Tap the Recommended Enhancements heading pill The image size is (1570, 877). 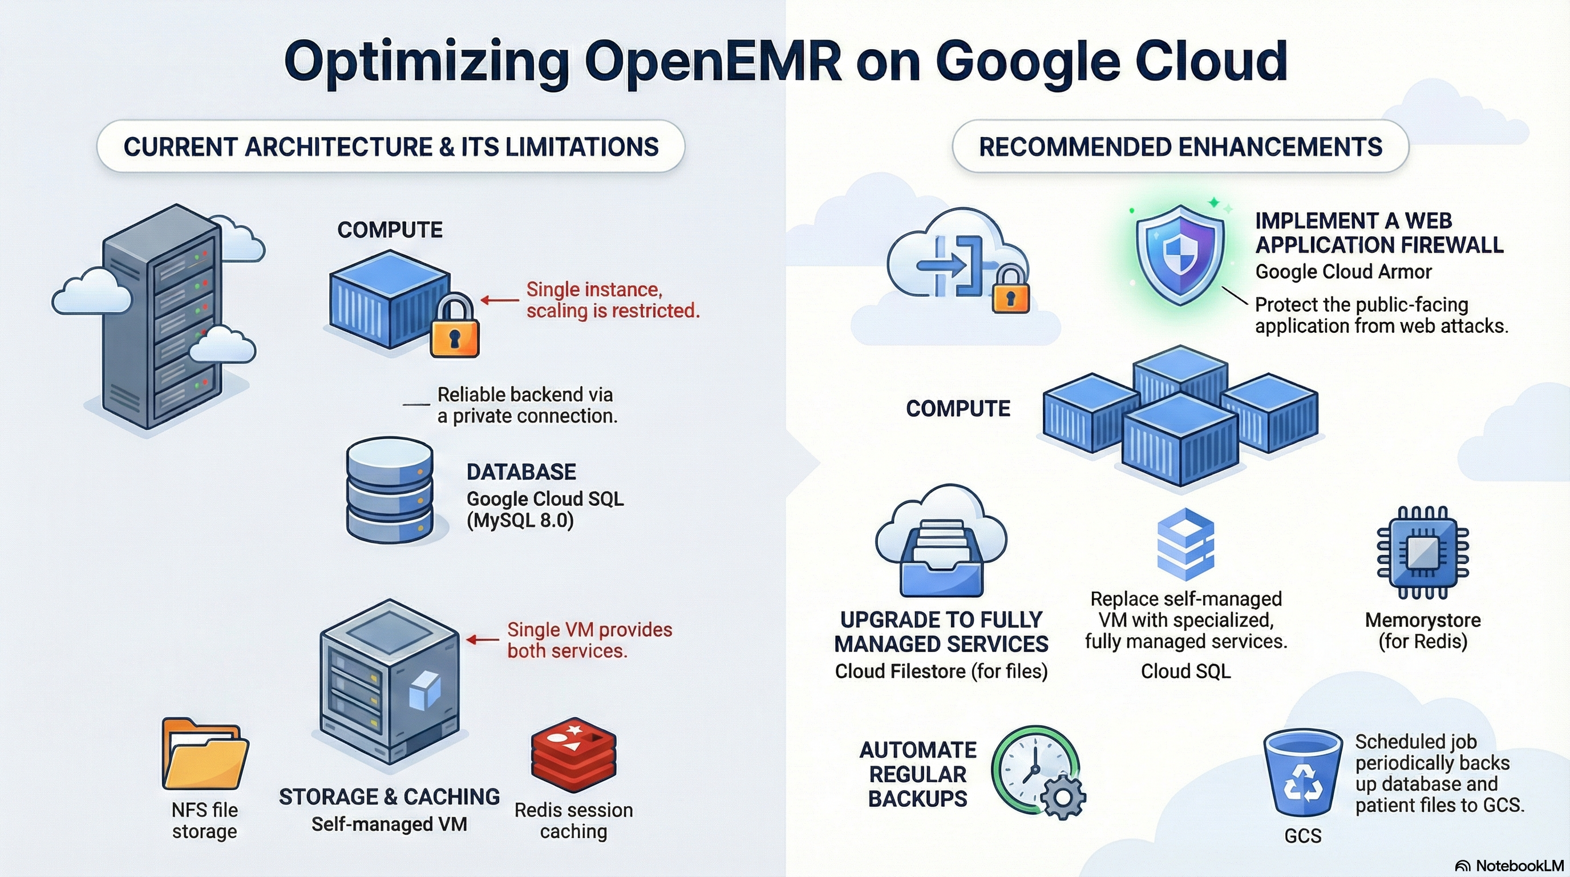(x=1180, y=146)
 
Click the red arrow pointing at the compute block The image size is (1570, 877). (x=500, y=299)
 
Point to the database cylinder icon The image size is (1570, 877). (x=390, y=490)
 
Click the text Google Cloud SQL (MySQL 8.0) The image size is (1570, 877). (x=545, y=509)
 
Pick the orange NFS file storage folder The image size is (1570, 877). (x=205, y=754)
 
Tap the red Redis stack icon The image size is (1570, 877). (x=573, y=755)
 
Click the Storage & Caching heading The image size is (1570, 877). (x=390, y=796)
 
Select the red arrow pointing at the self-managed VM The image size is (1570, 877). (x=483, y=639)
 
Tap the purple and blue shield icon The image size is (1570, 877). (x=1180, y=254)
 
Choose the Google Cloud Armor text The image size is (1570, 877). (x=1344, y=271)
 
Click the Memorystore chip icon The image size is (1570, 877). (x=1422, y=553)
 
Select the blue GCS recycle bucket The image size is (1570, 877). (x=1302, y=773)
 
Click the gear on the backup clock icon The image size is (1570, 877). (x=1063, y=796)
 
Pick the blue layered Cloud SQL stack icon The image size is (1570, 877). (x=1185, y=544)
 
